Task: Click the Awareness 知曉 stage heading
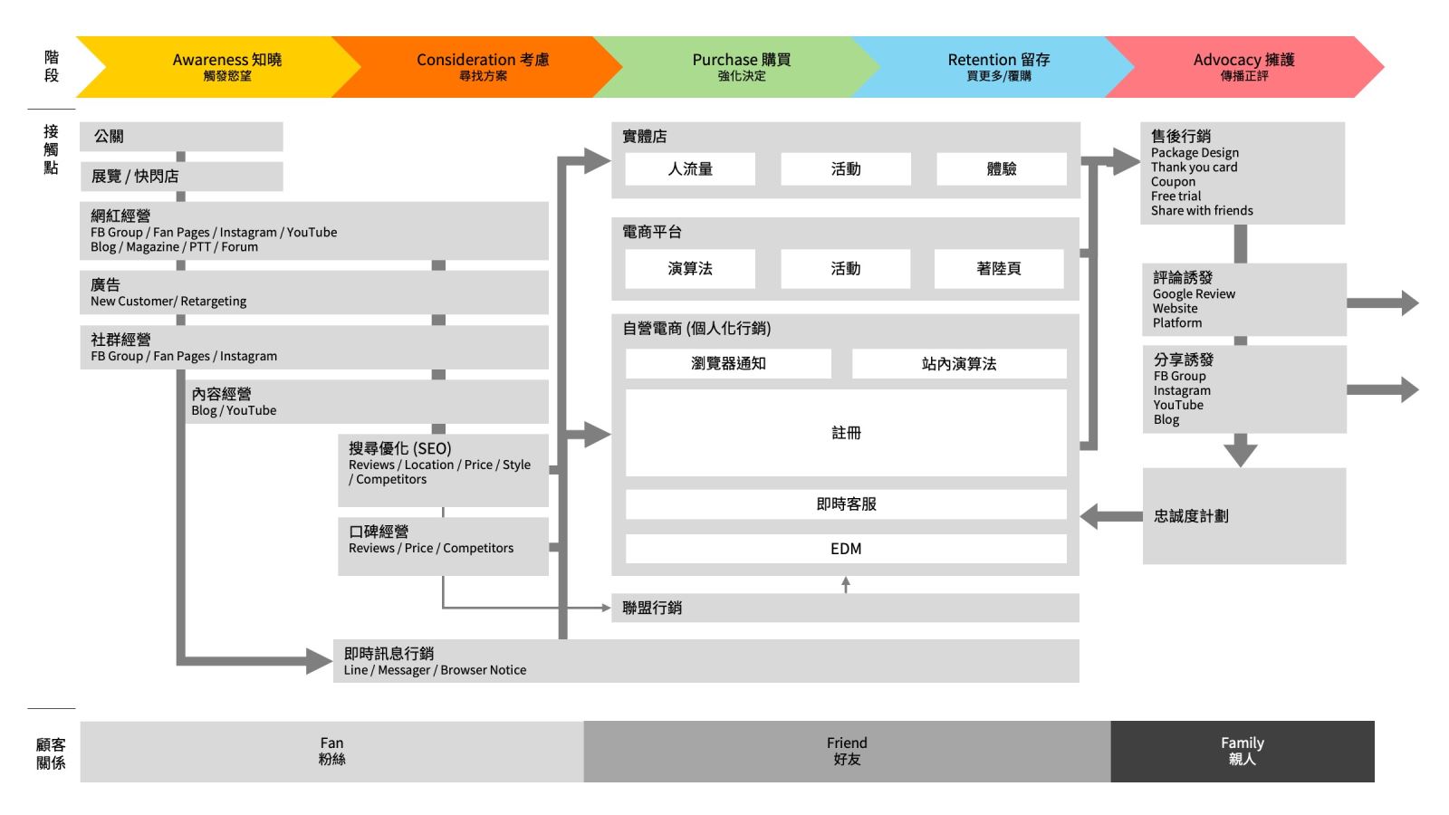coord(226,60)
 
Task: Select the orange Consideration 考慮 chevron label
coord(483,60)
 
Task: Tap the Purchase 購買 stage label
coord(741,60)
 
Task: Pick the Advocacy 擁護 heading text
coord(1243,60)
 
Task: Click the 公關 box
coord(181,137)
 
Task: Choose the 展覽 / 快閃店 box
coord(181,177)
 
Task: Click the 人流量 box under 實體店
coord(690,169)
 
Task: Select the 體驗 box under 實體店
coord(1001,169)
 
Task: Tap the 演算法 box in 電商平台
coord(690,269)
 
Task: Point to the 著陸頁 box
coord(999,269)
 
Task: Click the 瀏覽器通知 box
coord(728,364)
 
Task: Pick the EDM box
coord(846,549)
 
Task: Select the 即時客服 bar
coord(846,504)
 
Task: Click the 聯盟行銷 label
coord(652,609)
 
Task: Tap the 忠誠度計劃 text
coord(1191,516)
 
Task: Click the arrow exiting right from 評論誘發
coord(1383,303)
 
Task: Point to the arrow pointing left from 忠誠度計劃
coord(1110,516)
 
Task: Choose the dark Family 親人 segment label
coord(1242,751)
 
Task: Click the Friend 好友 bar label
coord(847,751)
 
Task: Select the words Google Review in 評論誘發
coord(1194,294)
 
